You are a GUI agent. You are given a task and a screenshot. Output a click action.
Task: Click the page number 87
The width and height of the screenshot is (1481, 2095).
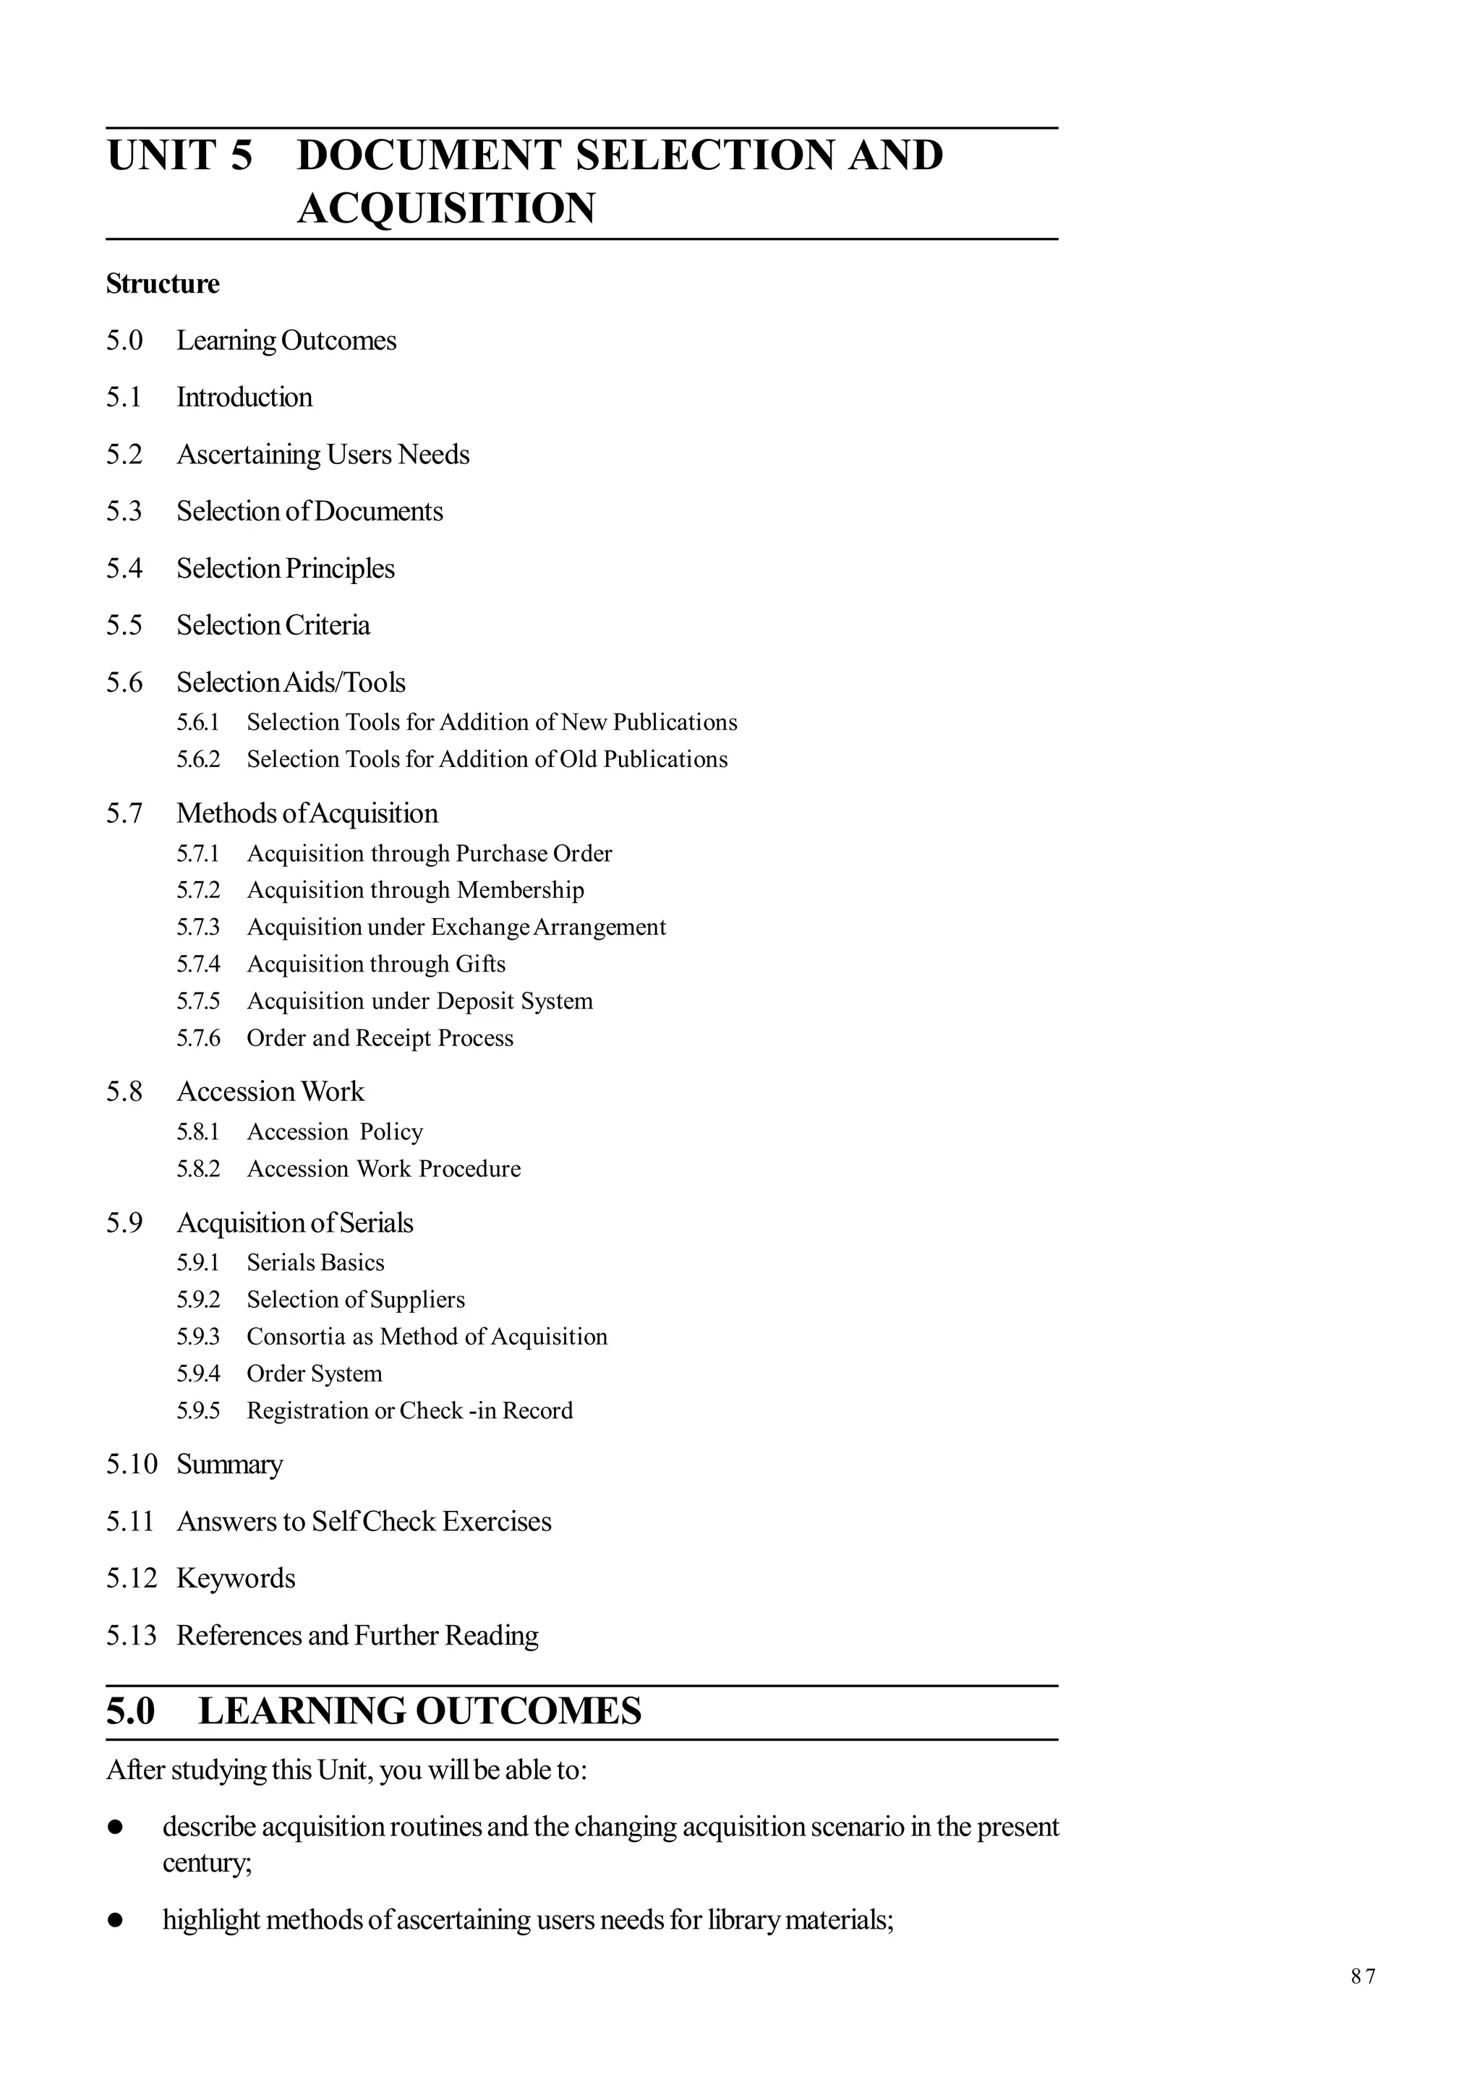pos(1362,1976)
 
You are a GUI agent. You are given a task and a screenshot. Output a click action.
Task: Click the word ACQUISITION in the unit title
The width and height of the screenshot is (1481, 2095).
pos(446,208)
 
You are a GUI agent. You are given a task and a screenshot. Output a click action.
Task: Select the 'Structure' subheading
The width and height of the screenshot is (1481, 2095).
pos(163,284)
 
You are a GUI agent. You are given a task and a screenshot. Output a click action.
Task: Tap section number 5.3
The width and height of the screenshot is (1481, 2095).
pos(124,511)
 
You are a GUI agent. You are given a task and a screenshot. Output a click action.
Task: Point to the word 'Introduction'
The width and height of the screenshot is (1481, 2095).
pos(244,397)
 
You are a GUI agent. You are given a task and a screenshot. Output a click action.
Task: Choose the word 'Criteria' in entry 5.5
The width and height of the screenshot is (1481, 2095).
pos(327,625)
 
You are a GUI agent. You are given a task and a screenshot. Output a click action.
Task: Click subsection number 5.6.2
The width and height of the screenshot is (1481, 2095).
pos(198,759)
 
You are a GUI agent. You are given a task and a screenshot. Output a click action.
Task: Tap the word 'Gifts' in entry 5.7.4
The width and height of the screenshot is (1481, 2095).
pos(480,964)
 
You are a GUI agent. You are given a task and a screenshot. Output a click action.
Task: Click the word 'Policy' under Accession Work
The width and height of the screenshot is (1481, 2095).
pos(390,1131)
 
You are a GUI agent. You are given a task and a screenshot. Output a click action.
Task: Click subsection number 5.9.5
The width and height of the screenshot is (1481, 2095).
pos(198,1410)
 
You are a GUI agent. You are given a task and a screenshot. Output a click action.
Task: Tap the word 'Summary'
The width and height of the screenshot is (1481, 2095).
pos(229,1465)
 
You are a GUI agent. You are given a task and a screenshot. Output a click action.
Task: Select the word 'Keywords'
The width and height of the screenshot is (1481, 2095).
pos(236,1579)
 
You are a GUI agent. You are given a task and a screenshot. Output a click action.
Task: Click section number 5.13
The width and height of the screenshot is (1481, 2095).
pos(132,1635)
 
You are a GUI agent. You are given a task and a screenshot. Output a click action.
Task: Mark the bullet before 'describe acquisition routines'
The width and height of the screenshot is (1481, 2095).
pos(115,1828)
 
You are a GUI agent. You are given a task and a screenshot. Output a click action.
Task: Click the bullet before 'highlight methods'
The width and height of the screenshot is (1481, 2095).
pos(115,1921)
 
